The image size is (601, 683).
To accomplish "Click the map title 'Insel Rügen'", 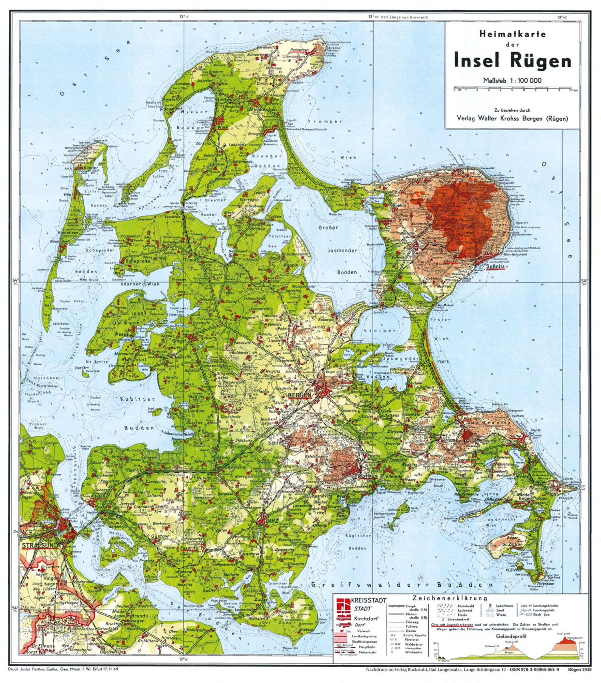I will (x=512, y=61).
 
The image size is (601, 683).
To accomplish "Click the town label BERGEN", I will (x=300, y=395).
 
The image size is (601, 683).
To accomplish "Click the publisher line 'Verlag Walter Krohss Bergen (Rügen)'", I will (x=512, y=119).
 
